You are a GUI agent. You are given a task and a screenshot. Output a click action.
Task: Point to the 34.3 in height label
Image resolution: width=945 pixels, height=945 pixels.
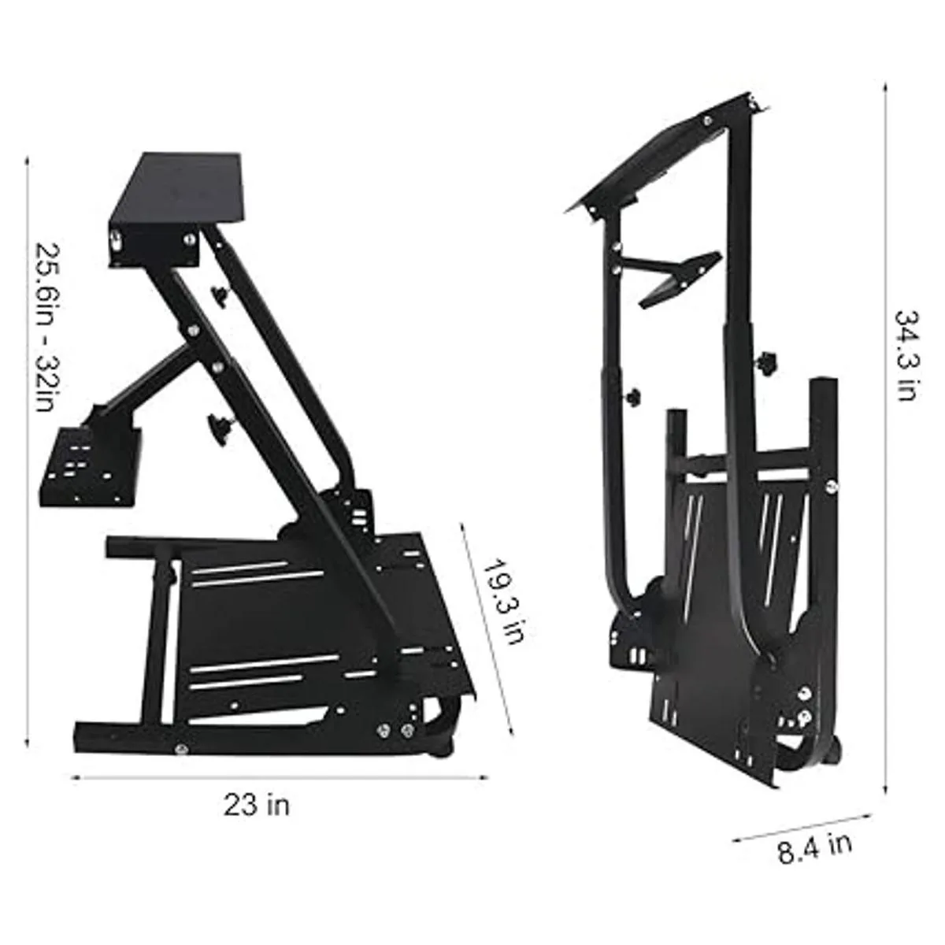click(x=906, y=354)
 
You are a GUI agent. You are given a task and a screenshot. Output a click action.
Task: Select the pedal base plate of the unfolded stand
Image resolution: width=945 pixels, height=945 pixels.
click(x=315, y=622)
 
